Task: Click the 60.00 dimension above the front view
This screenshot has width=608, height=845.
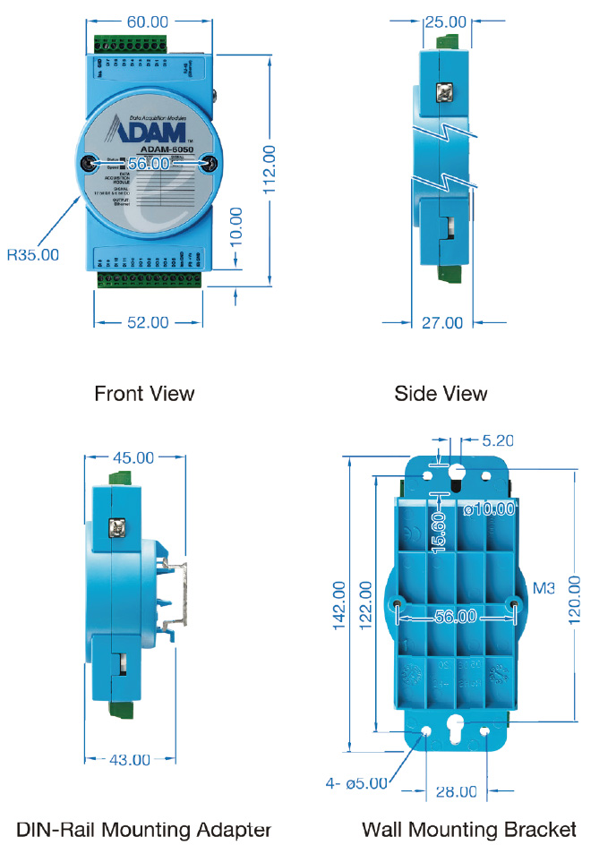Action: (148, 21)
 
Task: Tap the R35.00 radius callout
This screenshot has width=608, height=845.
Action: (33, 254)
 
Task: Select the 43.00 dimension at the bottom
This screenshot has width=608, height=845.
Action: (129, 759)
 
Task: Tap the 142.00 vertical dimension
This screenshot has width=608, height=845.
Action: (339, 607)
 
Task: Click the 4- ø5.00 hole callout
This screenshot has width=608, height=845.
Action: (355, 783)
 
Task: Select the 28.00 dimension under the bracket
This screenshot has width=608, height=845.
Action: (455, 790)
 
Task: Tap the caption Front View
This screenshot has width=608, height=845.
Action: (144, 393)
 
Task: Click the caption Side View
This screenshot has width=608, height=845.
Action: (441, 393)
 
